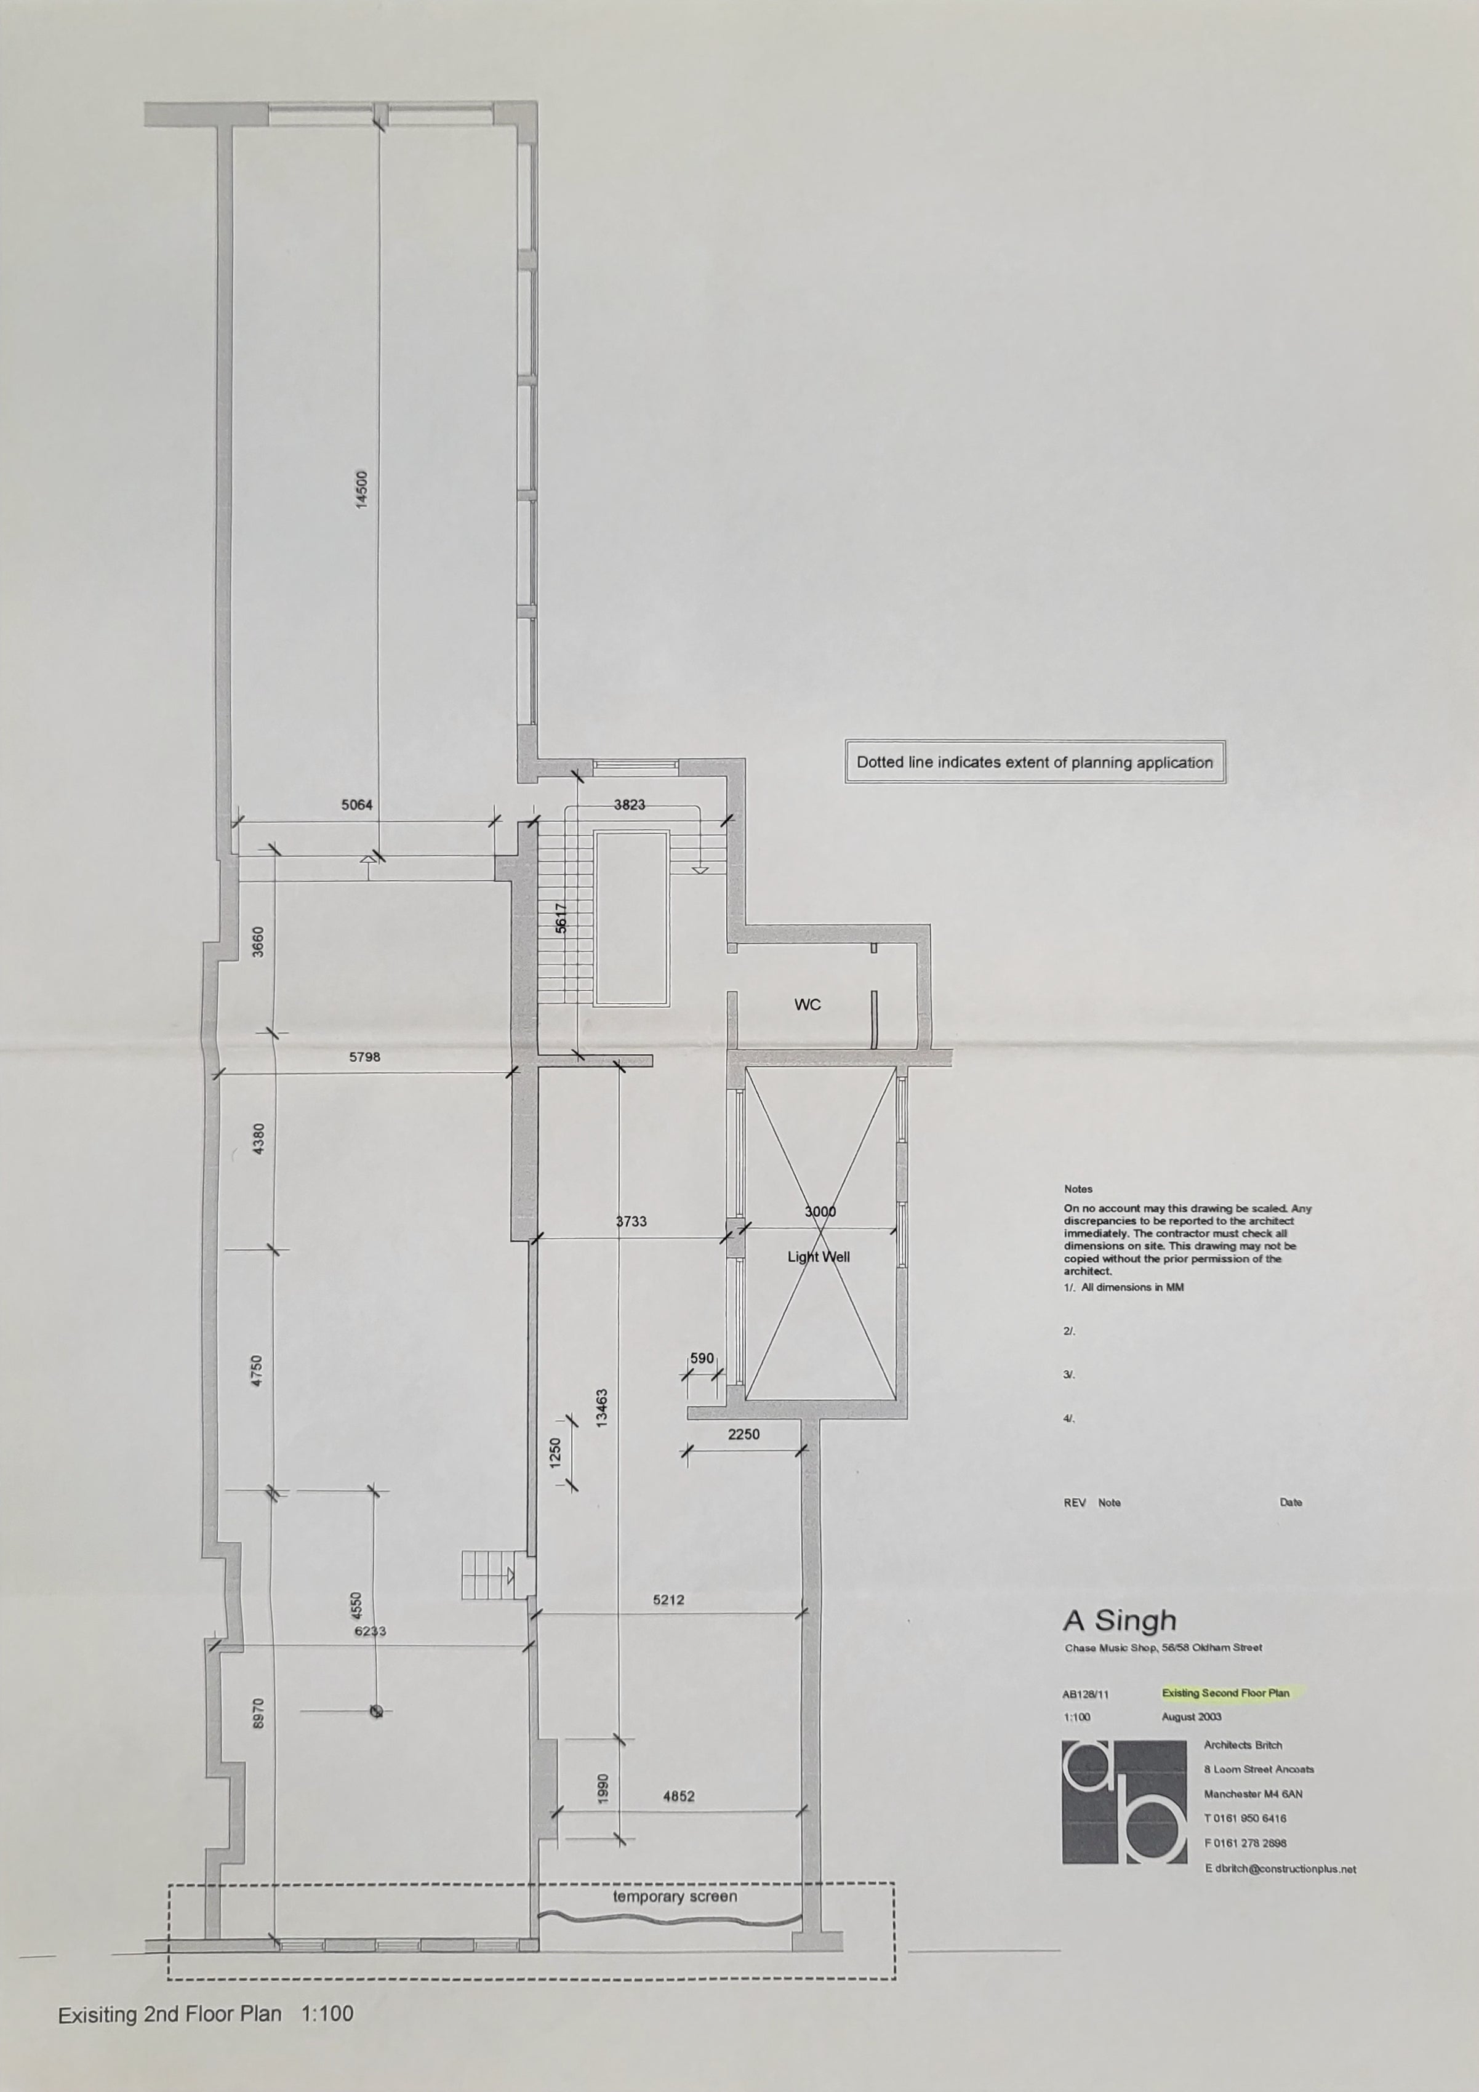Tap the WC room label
(808, 1005)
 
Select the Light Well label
(819, 1257)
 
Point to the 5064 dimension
(356, 806)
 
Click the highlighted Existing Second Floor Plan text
(1225, 1693)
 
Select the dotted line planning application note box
(1034, 763)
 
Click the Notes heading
(1078, 1189)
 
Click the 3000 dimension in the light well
(820, 1212)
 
